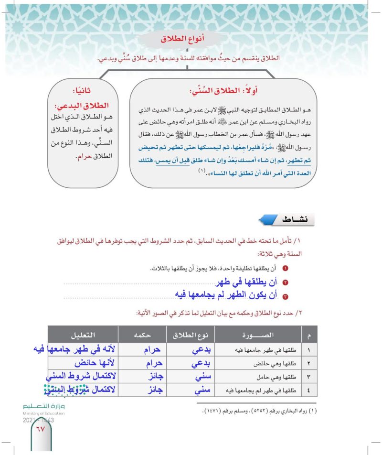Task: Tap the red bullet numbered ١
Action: coord(286,269)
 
